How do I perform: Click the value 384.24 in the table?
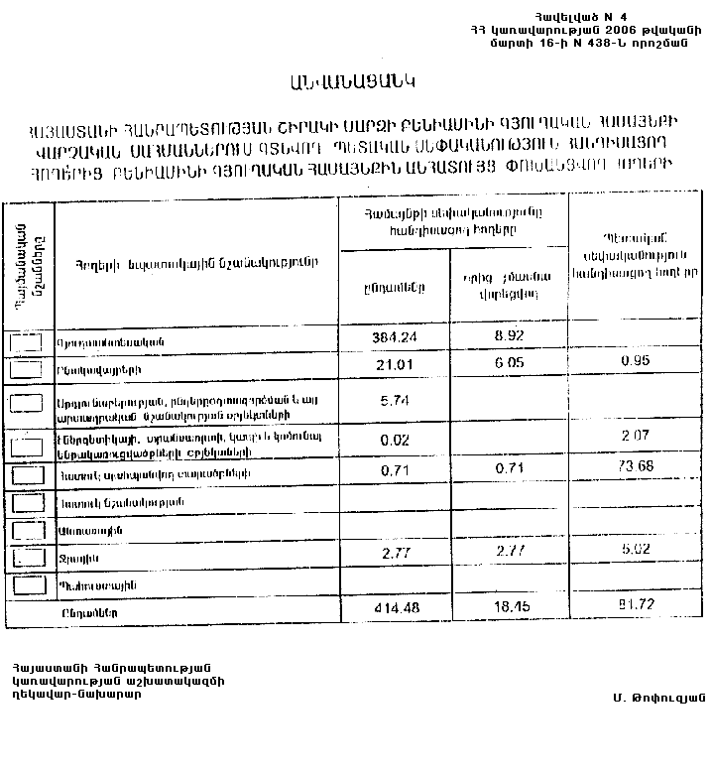392,337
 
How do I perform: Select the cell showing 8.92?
508,337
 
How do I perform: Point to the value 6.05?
508,364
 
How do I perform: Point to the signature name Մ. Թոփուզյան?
657,696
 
